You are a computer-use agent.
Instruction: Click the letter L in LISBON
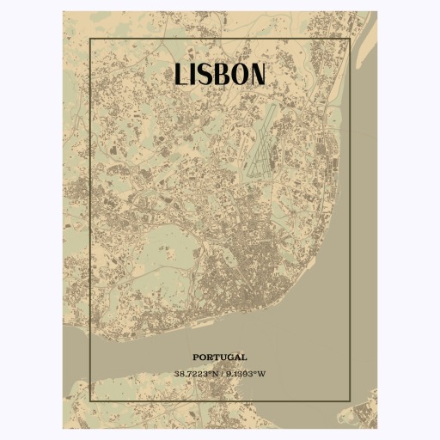point(181,74)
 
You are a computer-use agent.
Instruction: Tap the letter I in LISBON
point(195,74)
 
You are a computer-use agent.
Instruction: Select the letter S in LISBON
point(207,74)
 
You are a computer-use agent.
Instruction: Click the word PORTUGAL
point(220,356)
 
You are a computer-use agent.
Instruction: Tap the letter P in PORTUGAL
point(196,356)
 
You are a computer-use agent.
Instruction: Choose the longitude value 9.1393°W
point(246,374)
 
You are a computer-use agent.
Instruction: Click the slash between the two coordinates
point(221,374)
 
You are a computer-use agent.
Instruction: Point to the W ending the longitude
point(263,374)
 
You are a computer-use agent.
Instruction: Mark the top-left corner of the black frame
point(90,39)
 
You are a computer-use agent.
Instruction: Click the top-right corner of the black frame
point(350,39)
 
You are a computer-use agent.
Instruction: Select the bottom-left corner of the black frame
point(90,400)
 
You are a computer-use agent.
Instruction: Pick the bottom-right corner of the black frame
point(350,400)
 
